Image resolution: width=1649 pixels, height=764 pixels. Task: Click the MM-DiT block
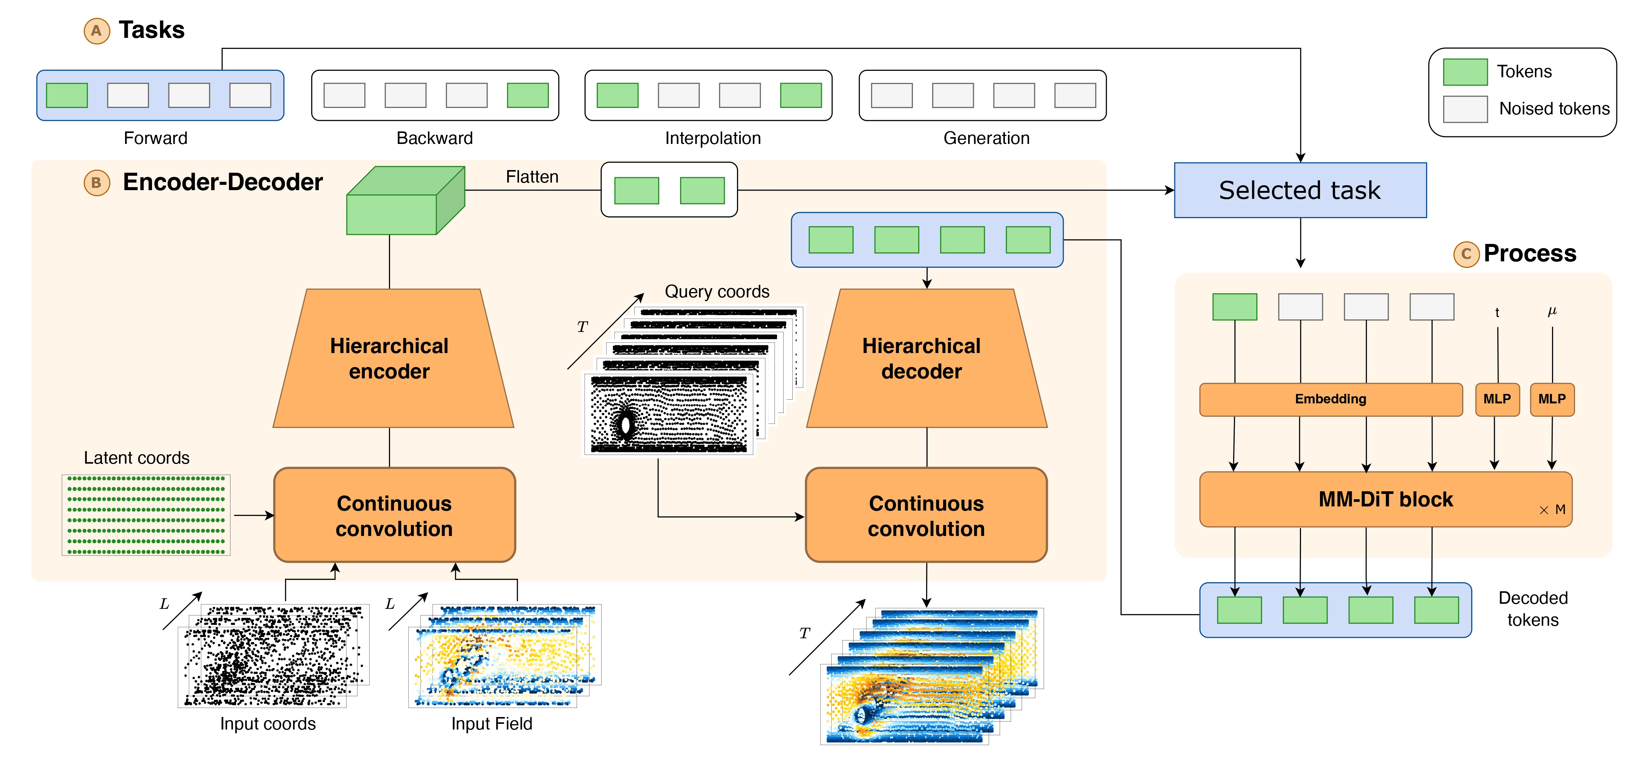pos(1385,499)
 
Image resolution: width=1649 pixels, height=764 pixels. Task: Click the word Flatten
pos(532,177)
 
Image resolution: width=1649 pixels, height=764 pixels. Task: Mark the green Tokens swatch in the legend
pos(1465,72)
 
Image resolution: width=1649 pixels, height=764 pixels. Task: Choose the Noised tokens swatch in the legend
pos(1465,109)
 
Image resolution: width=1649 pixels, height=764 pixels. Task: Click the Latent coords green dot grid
pos(146,515)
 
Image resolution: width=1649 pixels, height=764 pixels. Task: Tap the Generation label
pos(986,138)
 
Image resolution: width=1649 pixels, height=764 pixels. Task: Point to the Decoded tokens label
pos(1533,609)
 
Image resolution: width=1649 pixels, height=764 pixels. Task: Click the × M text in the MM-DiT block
pos(1552,510)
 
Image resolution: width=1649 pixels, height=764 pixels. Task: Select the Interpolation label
pos(712,138)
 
